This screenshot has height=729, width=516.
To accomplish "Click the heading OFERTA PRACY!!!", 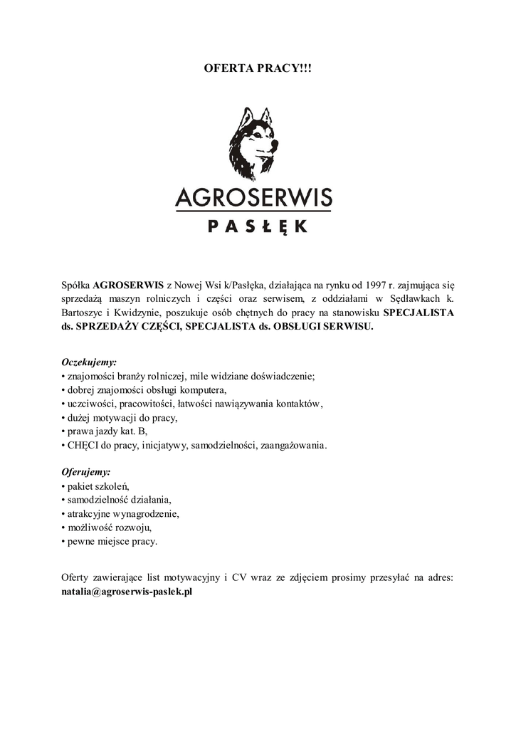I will (x=258, y=69).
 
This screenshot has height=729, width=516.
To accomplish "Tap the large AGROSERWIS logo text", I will (x=253, y=196).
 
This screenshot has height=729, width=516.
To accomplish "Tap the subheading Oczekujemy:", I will (x=89, y=362).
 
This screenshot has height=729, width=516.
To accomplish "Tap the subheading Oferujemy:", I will (x=86, y=472).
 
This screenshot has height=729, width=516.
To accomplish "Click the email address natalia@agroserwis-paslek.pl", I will (x=128, y=591).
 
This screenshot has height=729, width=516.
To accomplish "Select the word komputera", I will (x=203, y=389).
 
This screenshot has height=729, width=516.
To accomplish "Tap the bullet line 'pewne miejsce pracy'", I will (x=112, y=541).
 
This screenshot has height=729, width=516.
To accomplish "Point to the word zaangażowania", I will (x=290, y=445).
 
